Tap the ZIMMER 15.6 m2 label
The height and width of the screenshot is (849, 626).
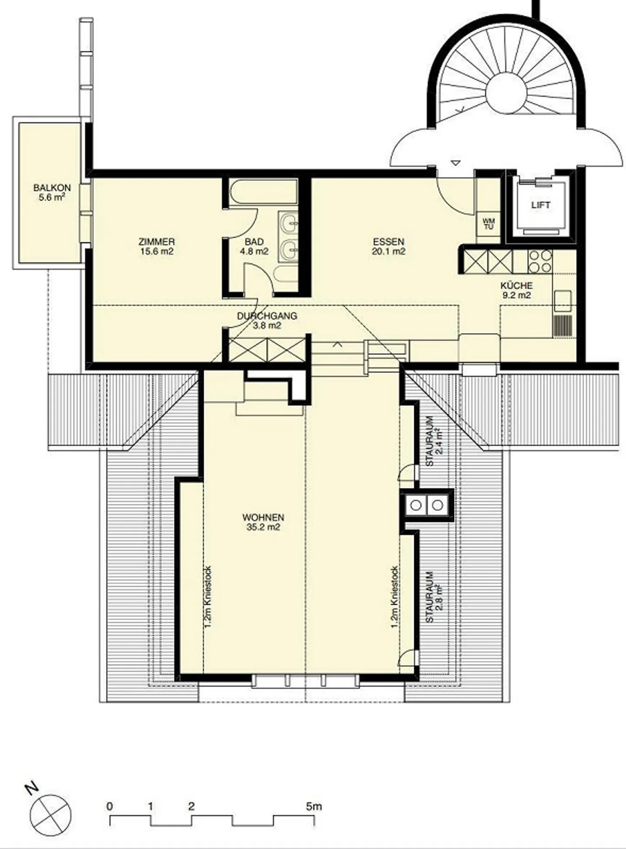[156, 246]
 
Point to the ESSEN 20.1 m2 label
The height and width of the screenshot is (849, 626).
[389, 246]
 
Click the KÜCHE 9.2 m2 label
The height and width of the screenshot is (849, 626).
[516, 290]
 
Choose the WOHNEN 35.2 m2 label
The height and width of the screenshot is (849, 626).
[263, 522]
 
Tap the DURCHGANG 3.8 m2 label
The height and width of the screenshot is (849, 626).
[267, 320]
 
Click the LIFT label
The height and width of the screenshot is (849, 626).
[541, 205]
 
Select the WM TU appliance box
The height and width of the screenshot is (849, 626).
[489, 224]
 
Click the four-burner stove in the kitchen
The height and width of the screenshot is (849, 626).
[539, 261]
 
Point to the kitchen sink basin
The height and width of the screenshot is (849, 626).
[563, 301]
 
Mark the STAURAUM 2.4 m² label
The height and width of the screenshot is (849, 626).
[434, 441]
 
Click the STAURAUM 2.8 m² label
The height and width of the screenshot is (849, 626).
[434, 597]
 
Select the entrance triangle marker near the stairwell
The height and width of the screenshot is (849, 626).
[455, 163]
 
